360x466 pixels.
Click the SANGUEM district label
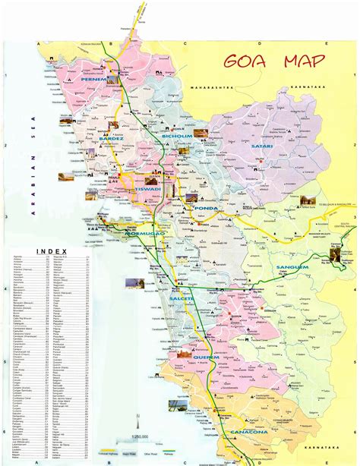[292, 267]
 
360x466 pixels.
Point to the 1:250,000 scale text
[138, 435]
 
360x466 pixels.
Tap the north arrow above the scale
[137, 420]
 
